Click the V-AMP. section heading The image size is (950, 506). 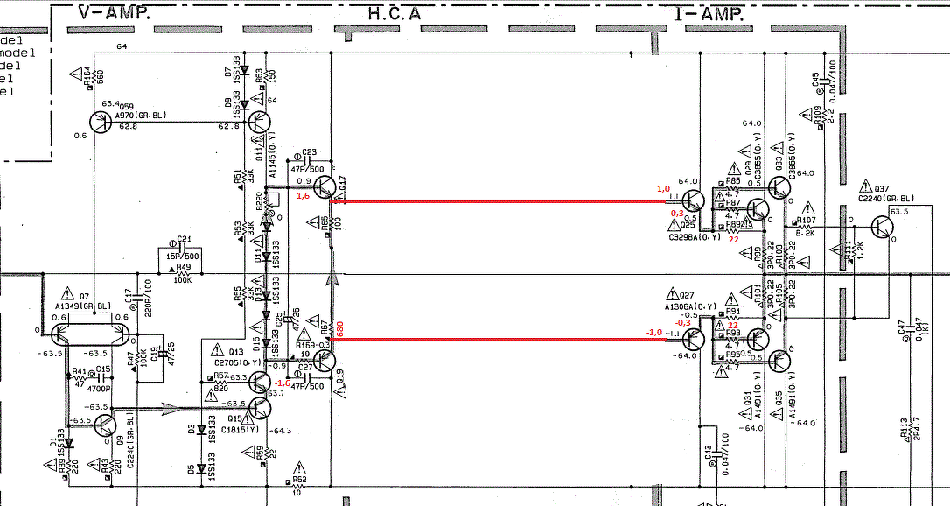point(113,13)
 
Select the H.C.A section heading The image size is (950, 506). point(394,13)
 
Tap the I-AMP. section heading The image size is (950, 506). point(708,13)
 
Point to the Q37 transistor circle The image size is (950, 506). point(884,226)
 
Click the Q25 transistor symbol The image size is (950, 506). point(693,203)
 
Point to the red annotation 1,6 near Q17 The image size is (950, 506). point(304,197)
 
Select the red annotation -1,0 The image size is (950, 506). point(653,333)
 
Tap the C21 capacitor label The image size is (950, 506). point(184,238)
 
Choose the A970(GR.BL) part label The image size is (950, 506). point(140,116)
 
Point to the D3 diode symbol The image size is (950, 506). point(201,431)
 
